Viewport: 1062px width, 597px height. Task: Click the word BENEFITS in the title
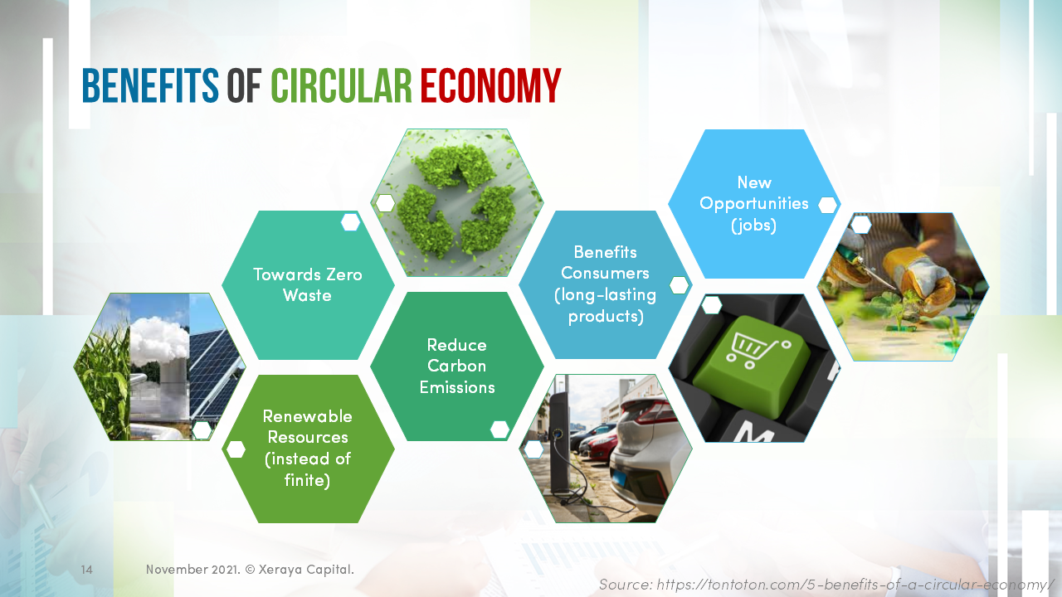(x=150, y=85)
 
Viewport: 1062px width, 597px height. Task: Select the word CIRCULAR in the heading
(x=341, y=85)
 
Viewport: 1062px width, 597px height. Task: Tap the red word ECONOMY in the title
(x=490, y=85)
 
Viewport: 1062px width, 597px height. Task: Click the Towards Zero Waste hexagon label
(x=307, y=285)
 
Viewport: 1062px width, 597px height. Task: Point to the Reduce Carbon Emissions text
(x=456, y=366)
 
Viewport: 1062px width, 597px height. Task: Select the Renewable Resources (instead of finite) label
(x=307, y=448)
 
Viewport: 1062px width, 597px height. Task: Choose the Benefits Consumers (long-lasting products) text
(x=605, y=284)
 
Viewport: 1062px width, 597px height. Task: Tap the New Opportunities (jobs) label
(x=753, y=203)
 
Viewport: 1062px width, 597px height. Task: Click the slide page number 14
(x=86, y=570)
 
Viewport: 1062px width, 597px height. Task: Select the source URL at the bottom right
(x=826, y=584)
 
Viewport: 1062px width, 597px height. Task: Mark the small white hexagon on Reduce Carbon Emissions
(x=499, y=429)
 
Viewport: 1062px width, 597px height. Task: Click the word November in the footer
(x=177, y=570)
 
